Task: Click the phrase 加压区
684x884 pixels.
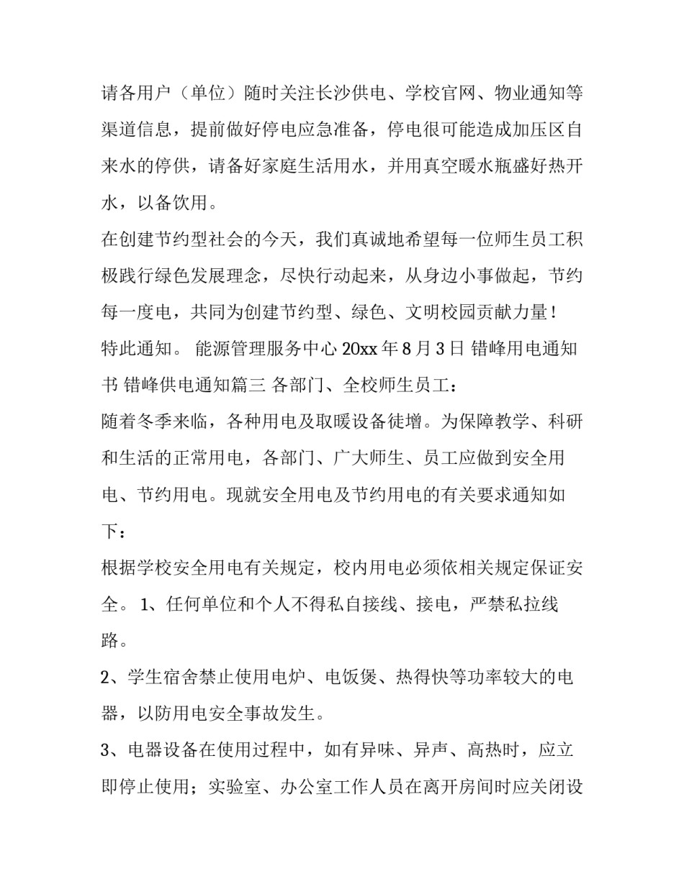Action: tap(531, 130)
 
